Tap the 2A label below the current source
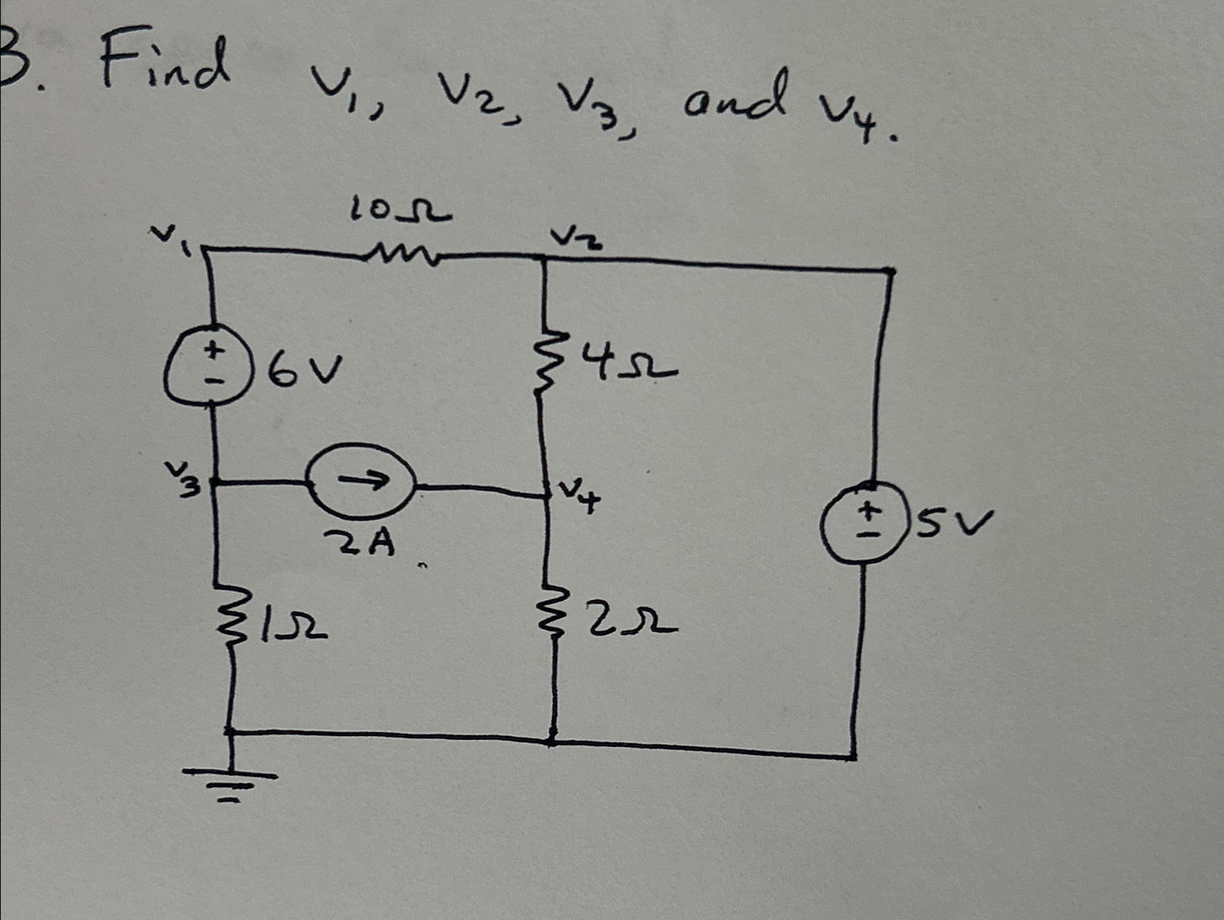point(361,542)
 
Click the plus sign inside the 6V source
point(212,350)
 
